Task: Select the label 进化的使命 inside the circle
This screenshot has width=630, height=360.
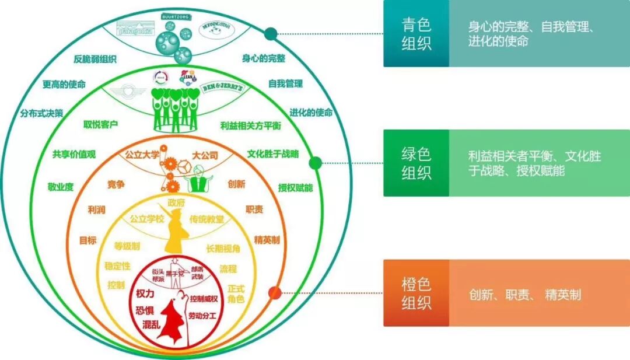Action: (x=311, y=113)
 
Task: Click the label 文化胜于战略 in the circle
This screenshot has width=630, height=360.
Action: (x=272, y=155)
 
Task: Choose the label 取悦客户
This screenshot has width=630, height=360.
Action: (x=100, y=124)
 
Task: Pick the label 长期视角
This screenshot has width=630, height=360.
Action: (x=223, y=249)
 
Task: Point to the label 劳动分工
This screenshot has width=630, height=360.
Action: (x=202, y=316)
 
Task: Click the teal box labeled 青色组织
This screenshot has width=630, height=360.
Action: (x=416, y=33)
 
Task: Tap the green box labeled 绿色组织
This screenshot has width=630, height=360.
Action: (x=416, y=163)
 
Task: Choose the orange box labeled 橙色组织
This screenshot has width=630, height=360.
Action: (x=416, y=293)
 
